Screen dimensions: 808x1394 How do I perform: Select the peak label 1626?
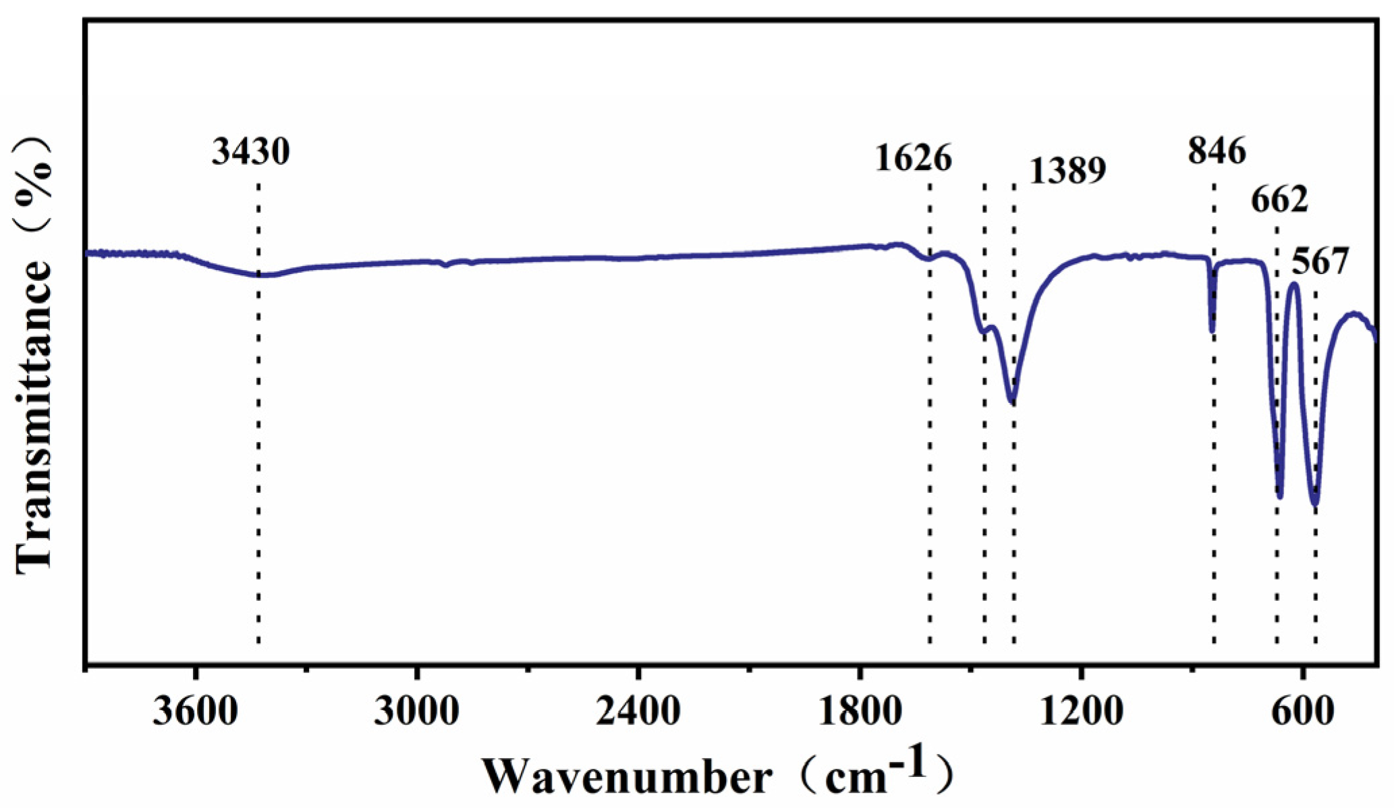(x=914, y=159)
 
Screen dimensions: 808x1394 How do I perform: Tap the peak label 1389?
(x=1067, y=171)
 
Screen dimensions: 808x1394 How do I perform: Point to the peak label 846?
(x=1217, y=151)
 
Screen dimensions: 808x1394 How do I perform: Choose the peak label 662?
(x=1279, y=200)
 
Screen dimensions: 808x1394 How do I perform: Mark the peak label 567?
(x=1320, y=261)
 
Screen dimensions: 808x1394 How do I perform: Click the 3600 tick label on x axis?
(x=195, y=713)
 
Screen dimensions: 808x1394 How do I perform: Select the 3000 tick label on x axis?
(x=417, y=713)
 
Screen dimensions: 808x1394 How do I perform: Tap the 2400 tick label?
(x=638, y=713)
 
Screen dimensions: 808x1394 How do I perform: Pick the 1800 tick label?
(x=860, y=713)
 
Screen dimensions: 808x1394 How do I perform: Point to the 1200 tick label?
(x=1081, y=713)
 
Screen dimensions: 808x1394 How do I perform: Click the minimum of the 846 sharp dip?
(x=1212, y=331)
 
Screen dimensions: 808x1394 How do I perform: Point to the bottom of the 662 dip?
(x=1279, y=497)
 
